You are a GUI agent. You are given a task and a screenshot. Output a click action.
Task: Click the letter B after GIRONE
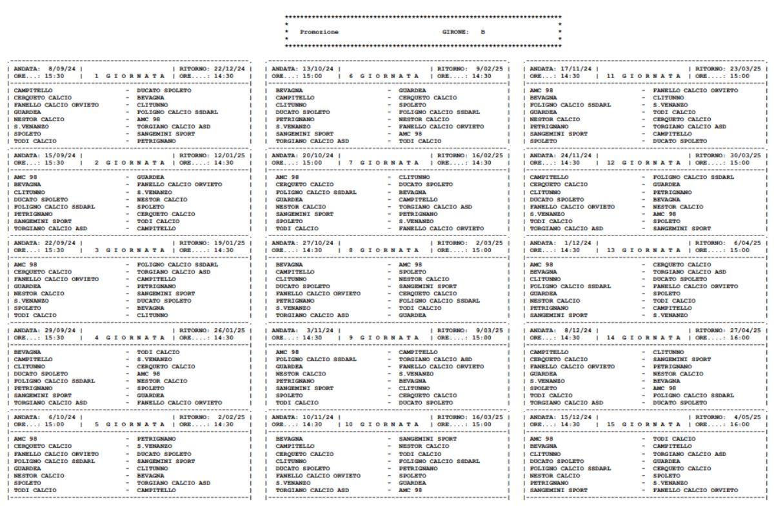click(482, 31)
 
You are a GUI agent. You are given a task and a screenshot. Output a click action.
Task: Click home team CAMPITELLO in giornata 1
click(34, 91)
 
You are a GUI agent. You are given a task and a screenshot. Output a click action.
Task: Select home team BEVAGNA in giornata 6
click(289, 91)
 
